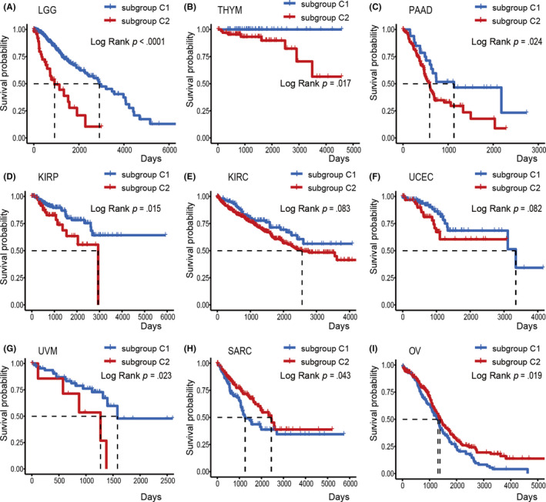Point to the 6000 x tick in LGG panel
pos(167,151)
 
